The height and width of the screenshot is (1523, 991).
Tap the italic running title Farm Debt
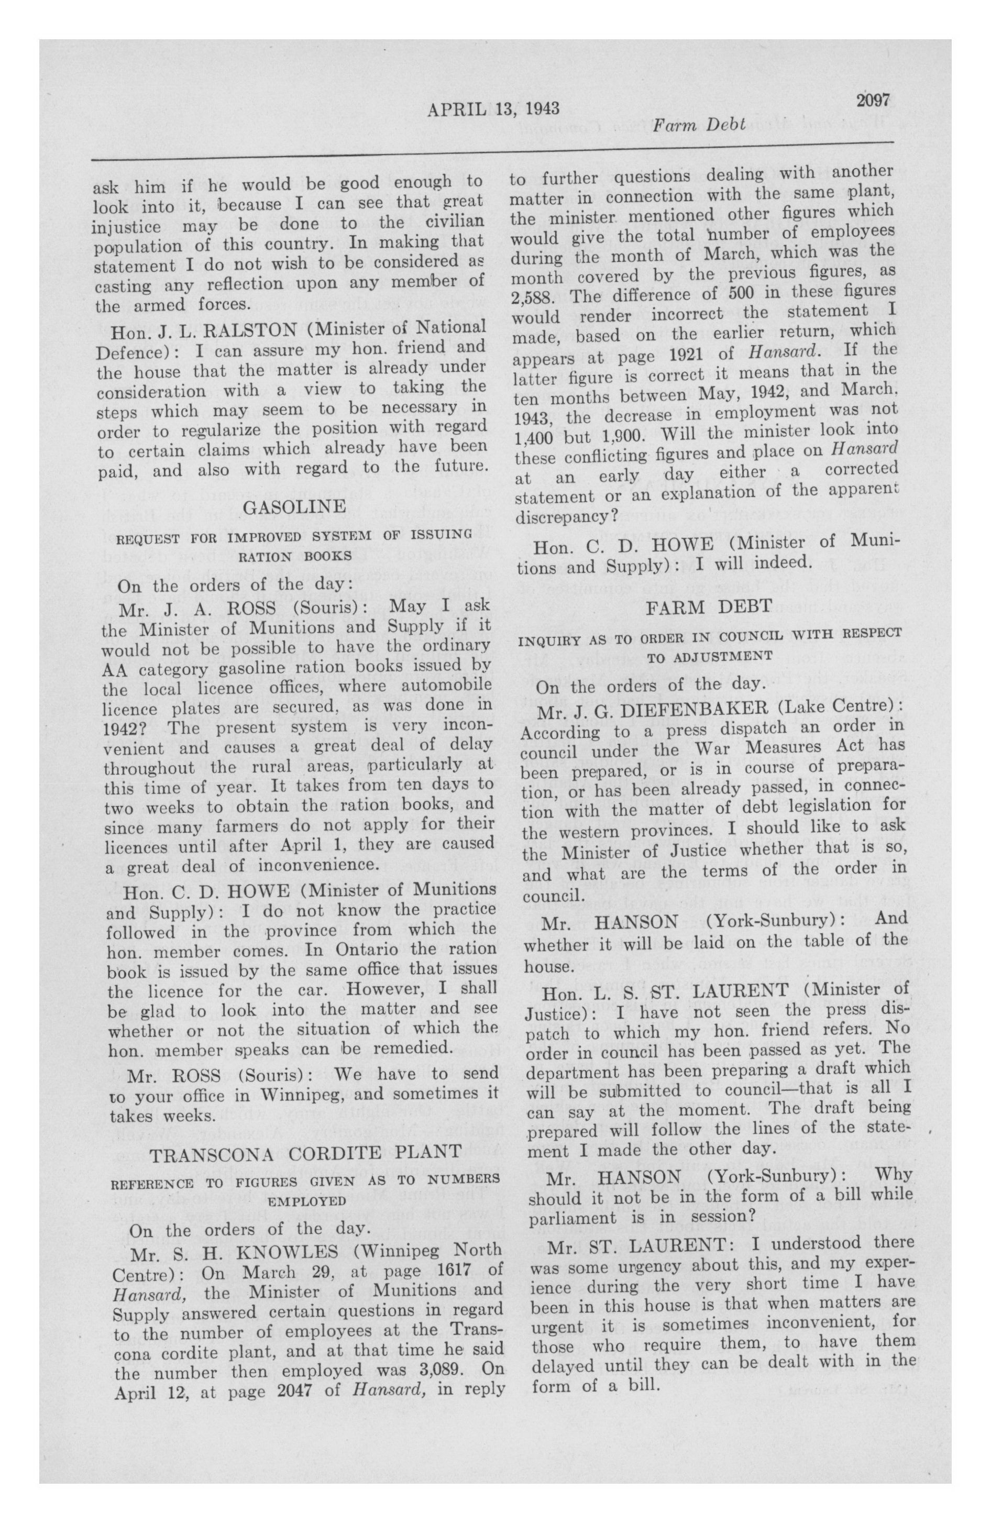pos(699,125)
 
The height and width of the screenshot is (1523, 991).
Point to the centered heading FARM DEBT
pos(709,605)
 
